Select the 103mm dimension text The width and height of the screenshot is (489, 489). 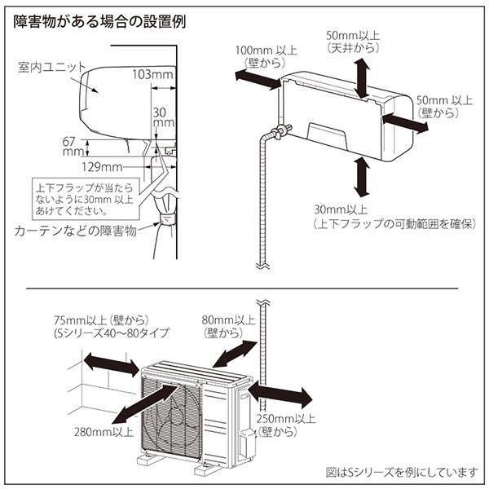pos(152,75)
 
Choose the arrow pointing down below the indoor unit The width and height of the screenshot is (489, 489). pos(359,174)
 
